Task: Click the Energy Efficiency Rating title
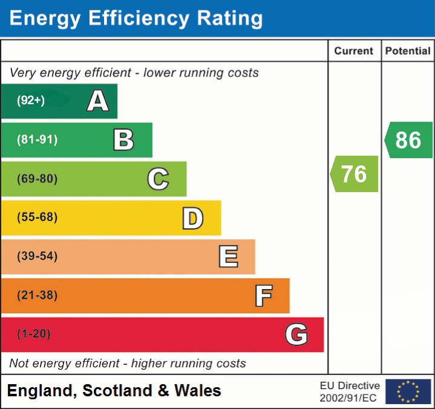point(136,18)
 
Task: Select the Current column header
point(354,52)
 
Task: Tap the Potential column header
point(408,52)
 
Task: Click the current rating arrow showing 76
point(355,174)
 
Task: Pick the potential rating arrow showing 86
point(408,140)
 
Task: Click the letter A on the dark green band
point(98,101)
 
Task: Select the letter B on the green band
point(123,140)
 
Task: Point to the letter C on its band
point(158,179)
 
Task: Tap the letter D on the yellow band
point(192,218)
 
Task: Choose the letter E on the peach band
point(228,257)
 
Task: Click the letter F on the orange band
point(263,296)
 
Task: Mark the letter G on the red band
point(296,334)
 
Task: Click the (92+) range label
point(31,101)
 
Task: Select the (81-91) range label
point(37,140)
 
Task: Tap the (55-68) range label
point(37,218)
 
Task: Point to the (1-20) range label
point(34,334)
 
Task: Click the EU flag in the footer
point(408,391)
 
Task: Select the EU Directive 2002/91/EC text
point(350,391)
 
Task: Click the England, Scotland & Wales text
point(114,391)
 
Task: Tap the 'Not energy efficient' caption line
point(128,364)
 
